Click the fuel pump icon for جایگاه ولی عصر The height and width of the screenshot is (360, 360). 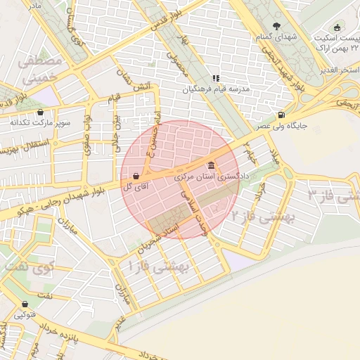coord(282,115)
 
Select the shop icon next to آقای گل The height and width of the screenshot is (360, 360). coord(135,176)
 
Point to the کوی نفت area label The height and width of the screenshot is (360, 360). coord(28,267)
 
